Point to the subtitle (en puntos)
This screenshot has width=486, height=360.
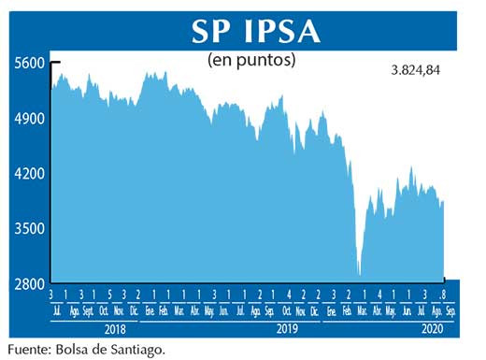(x=250, y=61)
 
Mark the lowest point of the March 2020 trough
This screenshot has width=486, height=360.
(x=358, y=275)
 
